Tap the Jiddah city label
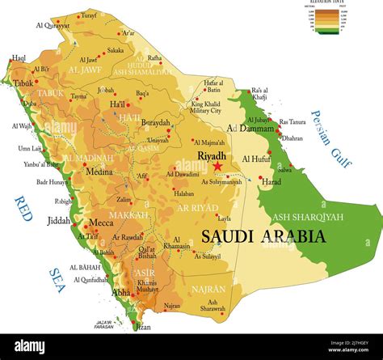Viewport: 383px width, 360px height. (x=59, y=219)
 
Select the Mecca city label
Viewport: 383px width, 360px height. (x=101, y=222)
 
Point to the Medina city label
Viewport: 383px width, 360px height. (x=99, y=171)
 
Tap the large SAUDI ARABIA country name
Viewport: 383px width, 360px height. (x=263, y=236)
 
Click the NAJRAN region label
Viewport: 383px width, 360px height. (x=208, y=288)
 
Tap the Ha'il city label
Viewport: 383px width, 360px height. (x=118, y=104)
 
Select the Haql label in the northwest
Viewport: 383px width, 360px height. (x=19, y=58)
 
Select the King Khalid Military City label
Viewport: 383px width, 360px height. (x=206, y=108)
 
